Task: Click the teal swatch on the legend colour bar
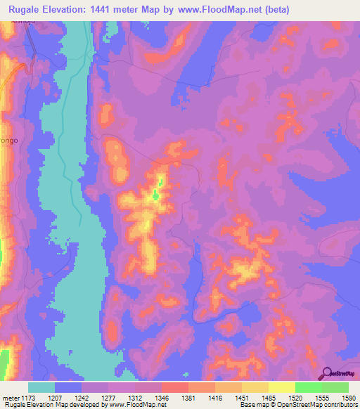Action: tap(41, 387)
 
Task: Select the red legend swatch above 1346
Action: tap(174, 387)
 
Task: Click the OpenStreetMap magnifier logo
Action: tap(327, 373)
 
